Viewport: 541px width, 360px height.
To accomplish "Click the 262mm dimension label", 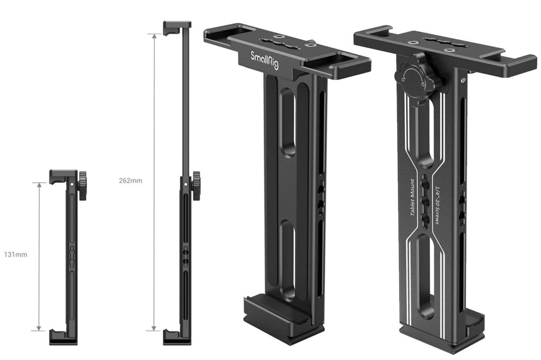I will [x=131, y=180].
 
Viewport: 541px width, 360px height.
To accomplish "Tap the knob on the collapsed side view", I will [x=83, y=186].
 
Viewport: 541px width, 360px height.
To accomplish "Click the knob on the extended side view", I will [x=197, y=185].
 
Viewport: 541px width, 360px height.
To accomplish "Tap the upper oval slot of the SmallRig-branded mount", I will [x=288, y=121].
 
